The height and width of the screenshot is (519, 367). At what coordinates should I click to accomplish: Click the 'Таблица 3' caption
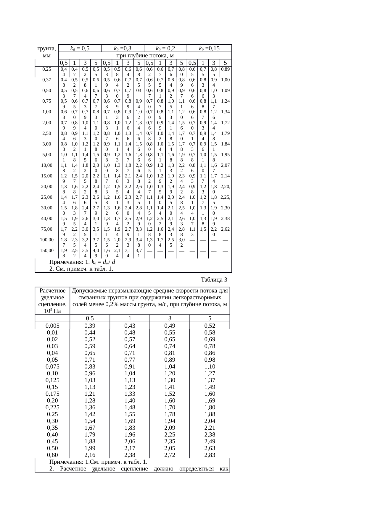[x=214, y=279]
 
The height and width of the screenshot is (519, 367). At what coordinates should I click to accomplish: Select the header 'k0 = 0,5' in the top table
[x=80, y=48]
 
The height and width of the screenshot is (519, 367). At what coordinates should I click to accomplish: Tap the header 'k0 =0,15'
[x=209, y=48]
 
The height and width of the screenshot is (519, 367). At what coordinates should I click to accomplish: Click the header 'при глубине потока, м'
[x=145, y=56]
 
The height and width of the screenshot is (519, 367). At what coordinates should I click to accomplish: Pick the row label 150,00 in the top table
[x=47, y=250]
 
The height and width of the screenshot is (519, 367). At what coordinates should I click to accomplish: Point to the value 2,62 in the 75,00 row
[x=225, y=229]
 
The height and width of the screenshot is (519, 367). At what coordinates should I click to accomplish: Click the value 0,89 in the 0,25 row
[x=225, y=69]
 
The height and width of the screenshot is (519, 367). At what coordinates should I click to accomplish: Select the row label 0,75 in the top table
[x=47, y=101]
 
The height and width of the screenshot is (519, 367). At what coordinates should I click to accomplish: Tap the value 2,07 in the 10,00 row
[x=225, y=165]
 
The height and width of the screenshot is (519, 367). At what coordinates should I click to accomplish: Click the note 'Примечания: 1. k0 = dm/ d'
[x=82, y=262]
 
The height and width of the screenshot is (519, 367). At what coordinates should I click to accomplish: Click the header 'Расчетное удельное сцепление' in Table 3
[x=52, y=301]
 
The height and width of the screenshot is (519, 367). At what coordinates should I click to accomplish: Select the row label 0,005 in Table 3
[x=52, y=326]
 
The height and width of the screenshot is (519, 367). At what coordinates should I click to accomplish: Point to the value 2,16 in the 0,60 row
[x=90, y=455]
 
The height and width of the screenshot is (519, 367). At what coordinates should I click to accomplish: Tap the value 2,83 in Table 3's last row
[x=210, y=455]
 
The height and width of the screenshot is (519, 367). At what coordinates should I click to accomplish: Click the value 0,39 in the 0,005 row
[x=90, y=326]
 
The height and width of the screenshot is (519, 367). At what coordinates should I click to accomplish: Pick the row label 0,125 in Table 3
[x=52, y=380]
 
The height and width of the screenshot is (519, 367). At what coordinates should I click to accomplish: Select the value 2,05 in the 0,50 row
[x=170, y=448]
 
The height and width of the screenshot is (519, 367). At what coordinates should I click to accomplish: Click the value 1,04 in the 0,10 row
[x=130, y=373]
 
